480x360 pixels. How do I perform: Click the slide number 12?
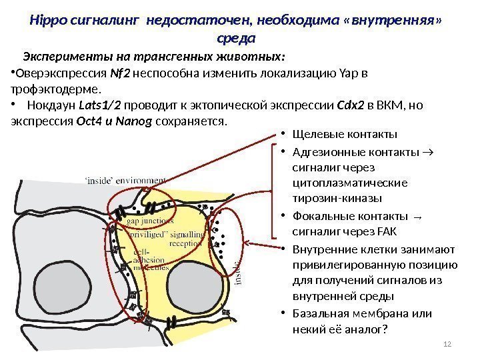click(x=447, y=344)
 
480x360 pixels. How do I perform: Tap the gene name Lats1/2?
click(x=99, y=106)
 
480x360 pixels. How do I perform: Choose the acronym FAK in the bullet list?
click(x=387, y=232)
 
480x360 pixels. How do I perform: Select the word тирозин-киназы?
click(x=337, y=198)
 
